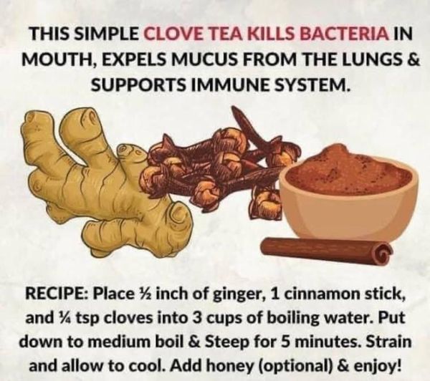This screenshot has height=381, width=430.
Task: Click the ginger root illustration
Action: click(93, 179)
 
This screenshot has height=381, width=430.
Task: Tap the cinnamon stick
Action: click(326, 249)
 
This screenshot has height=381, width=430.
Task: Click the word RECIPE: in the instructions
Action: click(54, 295)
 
